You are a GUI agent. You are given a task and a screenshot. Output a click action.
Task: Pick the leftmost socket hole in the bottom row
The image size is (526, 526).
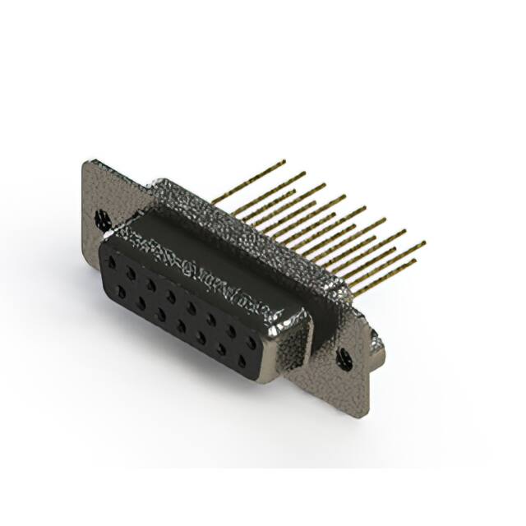point(122,290)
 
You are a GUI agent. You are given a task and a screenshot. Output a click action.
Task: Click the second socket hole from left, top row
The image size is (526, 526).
point(132,274)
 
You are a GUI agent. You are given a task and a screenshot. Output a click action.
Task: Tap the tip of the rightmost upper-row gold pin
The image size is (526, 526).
point(424,242)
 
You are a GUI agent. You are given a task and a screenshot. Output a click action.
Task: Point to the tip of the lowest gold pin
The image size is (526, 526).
point(414,261)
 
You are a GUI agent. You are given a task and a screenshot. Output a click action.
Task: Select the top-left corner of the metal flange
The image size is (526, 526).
point(85,162)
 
